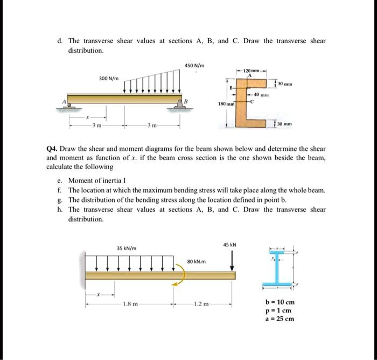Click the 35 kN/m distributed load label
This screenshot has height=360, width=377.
click(x=127, y=248)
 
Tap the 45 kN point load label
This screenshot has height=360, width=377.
click(x=230, y=244)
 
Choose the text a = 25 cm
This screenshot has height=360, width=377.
click(x=280, y=319)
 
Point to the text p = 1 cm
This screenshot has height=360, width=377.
click(x=278, y=310)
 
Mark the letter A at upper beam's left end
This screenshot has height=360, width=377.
click(x=64, y=102)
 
